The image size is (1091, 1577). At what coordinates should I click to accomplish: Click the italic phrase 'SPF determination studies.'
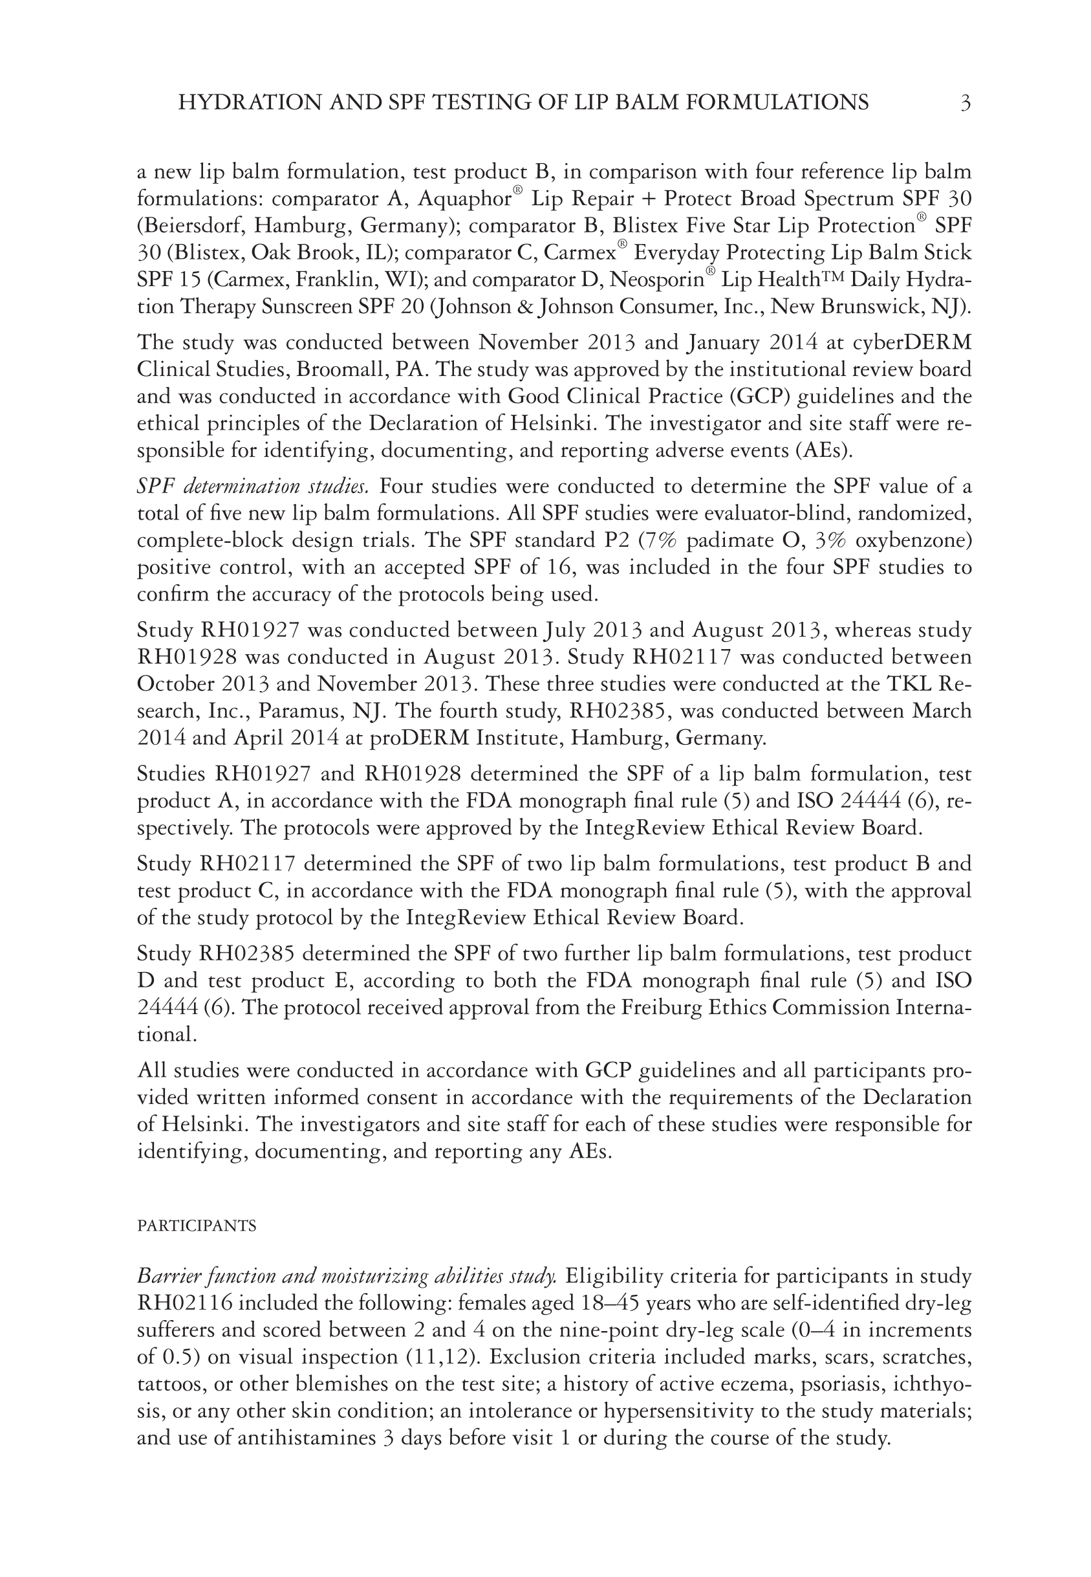click(253, 486)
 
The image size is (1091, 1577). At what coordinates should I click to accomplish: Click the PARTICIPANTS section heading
click(197, 1226)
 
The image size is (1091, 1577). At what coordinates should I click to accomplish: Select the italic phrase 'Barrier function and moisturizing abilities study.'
click(347, 1276)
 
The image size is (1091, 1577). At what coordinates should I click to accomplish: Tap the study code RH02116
click(183, 1303)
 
